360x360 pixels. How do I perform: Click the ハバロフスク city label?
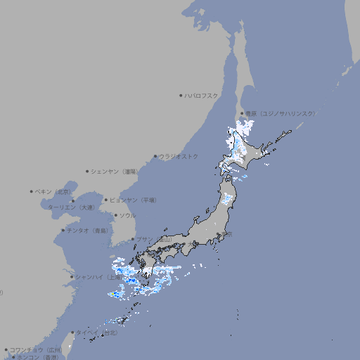tap(202, 95)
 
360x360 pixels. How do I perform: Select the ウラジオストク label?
tap(179, 156)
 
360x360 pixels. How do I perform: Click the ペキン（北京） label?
tap(54, 191)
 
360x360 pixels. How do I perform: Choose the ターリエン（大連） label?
tap(71, 207)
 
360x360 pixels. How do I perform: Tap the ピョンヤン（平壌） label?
tap(133, 200)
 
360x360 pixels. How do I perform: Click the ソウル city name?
tap(127, 215)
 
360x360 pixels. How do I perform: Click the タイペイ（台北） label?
tap(98, 333)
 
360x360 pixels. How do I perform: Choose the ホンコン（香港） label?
tap(39, 357)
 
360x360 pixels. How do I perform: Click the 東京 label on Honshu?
tap(227, 234)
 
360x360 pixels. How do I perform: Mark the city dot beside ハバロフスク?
tap(181, 95)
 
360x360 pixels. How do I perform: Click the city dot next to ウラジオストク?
tap(155, 156)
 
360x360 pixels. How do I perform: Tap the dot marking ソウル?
tap(115, 215)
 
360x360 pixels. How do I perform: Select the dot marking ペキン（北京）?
tap(32, 191)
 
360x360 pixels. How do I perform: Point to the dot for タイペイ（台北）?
tap(72, 333)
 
